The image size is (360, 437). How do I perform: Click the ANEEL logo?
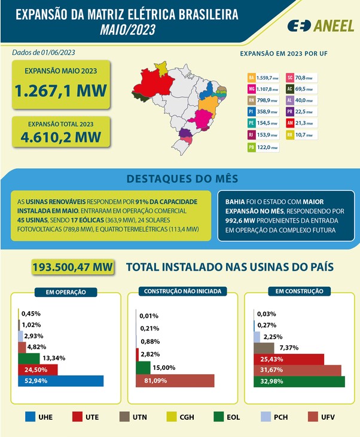(x=321, y=26)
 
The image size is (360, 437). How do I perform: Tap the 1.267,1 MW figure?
(x=60, y=90)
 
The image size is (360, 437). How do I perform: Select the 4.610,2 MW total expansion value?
(x=60, y=137)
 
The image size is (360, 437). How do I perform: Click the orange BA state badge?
(x=251, y=78)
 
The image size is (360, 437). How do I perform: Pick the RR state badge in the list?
(x=289, y=135)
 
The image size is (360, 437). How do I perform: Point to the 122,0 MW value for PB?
(x=267, y=147)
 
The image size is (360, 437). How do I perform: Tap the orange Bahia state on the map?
(x=208, y=107)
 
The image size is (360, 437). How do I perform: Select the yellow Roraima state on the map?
(x=161, y=69)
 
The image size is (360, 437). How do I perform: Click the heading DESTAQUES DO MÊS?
(x=182, y=178)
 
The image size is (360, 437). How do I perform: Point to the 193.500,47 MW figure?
(x=73, y=267)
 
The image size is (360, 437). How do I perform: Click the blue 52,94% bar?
(x=60, y=381)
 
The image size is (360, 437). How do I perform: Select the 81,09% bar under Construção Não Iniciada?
(x=175, y=381)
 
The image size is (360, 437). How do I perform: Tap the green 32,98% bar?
(x=299, y=381)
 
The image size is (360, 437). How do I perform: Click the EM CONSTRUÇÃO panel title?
(x=300, y=292)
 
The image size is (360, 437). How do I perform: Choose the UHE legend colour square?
(x=30, y=417)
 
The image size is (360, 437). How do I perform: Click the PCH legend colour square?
(x=266, y=417)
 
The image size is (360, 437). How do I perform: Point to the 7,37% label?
(x=289, y=348)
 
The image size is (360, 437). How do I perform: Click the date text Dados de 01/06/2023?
(x=44, y=53)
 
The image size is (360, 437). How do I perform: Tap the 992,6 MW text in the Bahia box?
(x=240, y=221)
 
